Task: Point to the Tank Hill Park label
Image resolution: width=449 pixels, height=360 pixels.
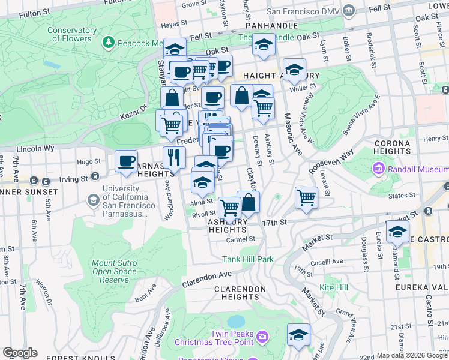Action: (x=248, y=259)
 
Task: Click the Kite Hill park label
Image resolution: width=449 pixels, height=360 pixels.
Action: (x=334, y=287)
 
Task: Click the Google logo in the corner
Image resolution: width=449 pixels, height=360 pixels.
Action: (x=20, y=353)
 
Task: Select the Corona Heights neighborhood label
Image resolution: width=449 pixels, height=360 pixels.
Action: (x=392, y=147)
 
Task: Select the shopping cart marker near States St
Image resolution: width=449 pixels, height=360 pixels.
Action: (x=306, y=197)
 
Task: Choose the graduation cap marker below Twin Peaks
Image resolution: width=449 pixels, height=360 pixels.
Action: (x=298, y=335)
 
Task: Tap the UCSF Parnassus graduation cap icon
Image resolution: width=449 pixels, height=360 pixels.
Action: (x=94, y=199)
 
